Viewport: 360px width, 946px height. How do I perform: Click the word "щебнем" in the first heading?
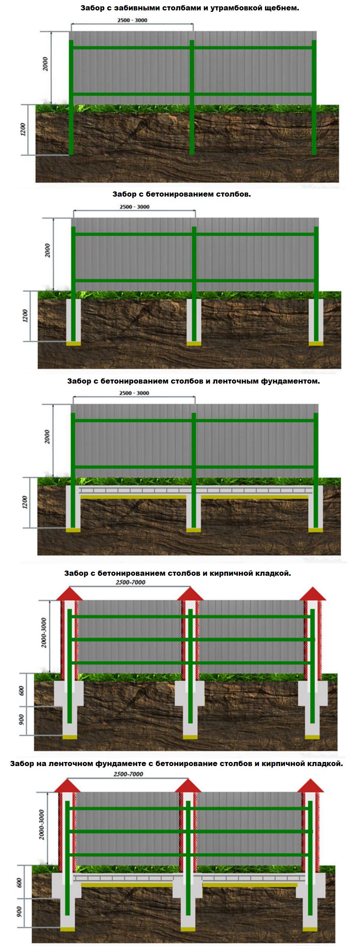(281, 8)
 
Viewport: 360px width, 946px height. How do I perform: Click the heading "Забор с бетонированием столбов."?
(181, 194)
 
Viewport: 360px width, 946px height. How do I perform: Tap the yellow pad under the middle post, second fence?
(194, 344)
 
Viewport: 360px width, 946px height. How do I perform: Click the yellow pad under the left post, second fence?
(73, 344)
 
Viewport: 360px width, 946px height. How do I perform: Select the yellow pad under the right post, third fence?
(316, 530)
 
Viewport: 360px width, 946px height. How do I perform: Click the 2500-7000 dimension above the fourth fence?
(131, 582)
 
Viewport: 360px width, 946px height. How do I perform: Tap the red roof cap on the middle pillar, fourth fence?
(190, 594)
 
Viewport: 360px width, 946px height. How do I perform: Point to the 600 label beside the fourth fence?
(21, 691)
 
